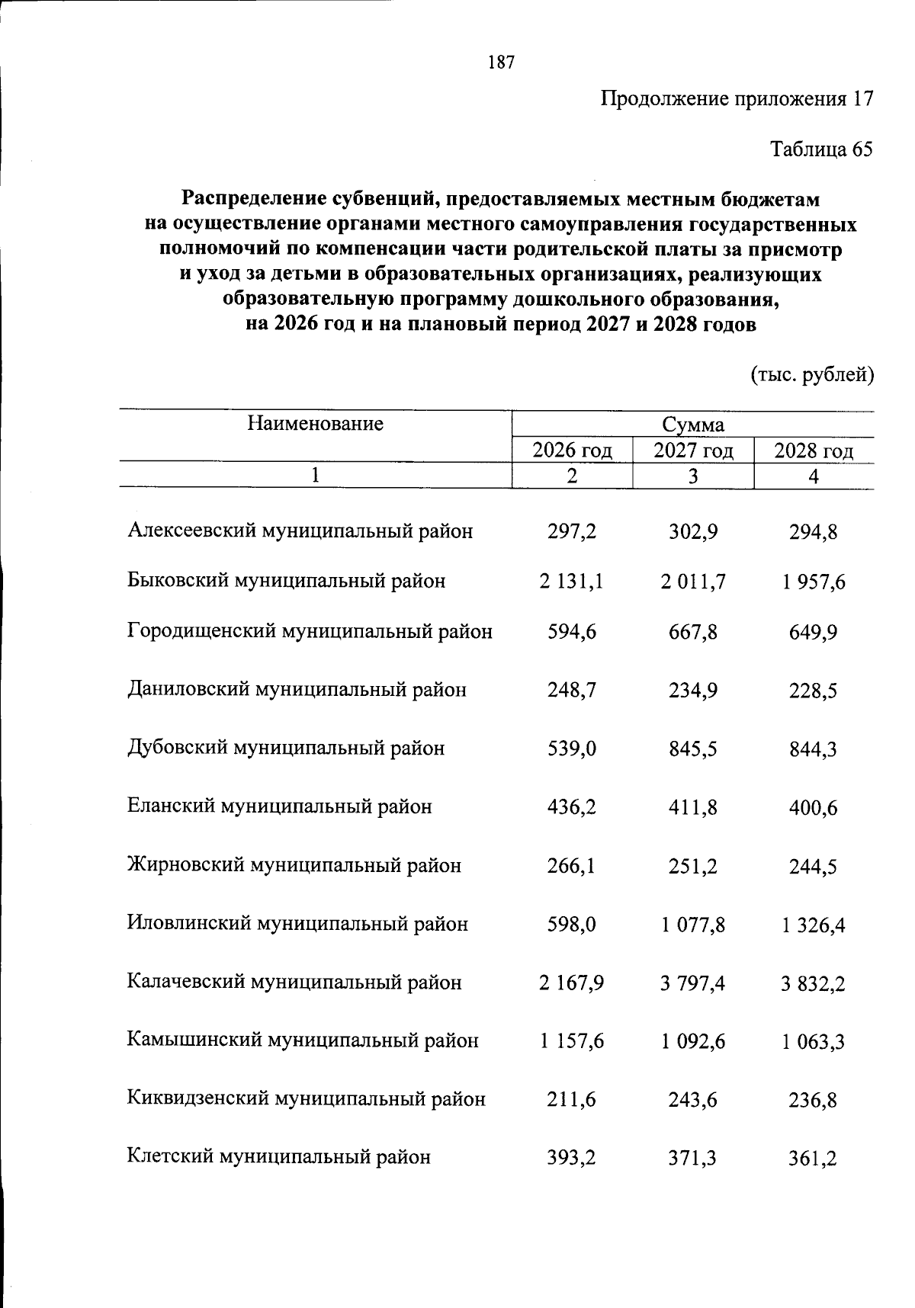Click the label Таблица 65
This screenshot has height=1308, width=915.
click(x=821, y=149)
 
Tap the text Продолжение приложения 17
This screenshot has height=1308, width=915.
click(x=736, y=99)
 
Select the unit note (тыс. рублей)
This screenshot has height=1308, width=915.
click(x=811, y=375)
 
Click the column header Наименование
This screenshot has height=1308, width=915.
click(x=315, y=424)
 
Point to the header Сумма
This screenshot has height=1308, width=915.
click(x=692, y=425)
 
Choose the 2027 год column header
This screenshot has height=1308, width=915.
click(x=693, y=451)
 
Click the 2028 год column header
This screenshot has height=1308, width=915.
click(x=814, y=451)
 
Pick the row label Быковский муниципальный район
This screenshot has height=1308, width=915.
click(x=286, y=582)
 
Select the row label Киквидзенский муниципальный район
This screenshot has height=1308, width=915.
click(x=306, y=1099)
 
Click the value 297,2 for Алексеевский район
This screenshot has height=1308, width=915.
click(x=572, y=531)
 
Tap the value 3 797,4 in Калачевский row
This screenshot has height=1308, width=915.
click(x=692, y=983)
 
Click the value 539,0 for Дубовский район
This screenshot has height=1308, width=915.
click(x=572, y=749)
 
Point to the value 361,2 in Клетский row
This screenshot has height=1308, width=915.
click(x=813, y=1159)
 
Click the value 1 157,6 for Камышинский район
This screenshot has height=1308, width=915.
click(x=572, y=1041)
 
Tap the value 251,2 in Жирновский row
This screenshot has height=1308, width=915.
click(x=692, y=867)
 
